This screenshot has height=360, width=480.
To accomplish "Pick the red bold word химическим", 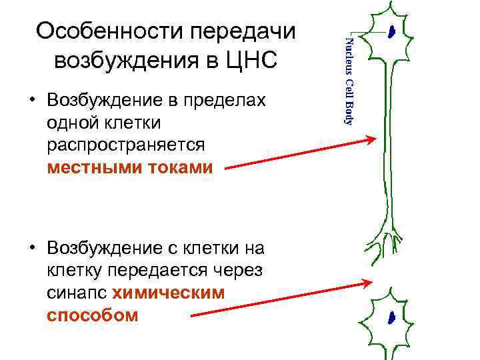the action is (x=169, y=292).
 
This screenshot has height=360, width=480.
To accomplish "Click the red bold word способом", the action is (x=93, y=314).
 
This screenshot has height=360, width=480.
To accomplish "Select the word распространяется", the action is (x=126, y=145).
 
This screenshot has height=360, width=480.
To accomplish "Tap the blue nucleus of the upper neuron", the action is (x=393, y=31).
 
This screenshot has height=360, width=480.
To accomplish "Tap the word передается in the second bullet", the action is (x=157, y=271).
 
